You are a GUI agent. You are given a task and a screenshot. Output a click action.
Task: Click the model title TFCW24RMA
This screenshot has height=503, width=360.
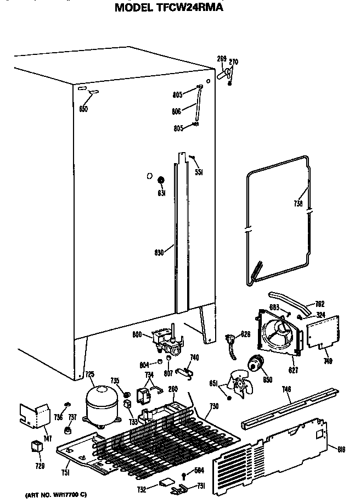(169, 7)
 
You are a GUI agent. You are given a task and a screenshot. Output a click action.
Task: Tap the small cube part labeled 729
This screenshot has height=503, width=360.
(37, 446)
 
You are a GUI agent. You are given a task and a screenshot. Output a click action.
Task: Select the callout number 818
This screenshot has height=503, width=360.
(341, 450)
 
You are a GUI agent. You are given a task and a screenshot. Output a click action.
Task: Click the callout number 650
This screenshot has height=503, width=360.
(83, 108)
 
